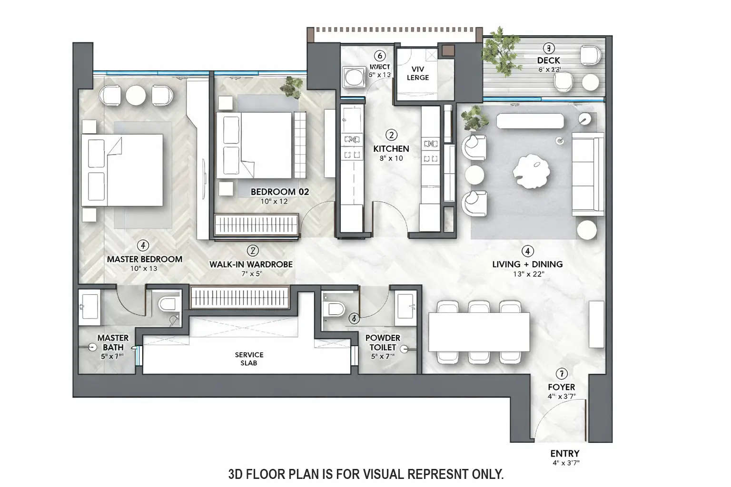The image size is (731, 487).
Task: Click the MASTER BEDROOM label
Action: [144, 259]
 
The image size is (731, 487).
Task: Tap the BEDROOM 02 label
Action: [279, 192]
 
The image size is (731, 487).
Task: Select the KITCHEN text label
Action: [391, 149]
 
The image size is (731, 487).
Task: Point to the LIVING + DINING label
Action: [527, 264]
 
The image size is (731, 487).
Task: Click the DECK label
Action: [548, 60]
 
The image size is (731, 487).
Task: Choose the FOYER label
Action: [561, 387]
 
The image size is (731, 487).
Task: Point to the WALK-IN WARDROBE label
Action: [251, 264]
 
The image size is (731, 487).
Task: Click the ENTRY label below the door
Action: [564, 453]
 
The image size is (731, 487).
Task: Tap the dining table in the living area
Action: [479, 332]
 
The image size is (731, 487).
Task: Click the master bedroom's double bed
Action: [123, 170]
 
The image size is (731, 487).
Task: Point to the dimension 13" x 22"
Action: [528, 274]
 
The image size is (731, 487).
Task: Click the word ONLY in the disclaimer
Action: [487, 474]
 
